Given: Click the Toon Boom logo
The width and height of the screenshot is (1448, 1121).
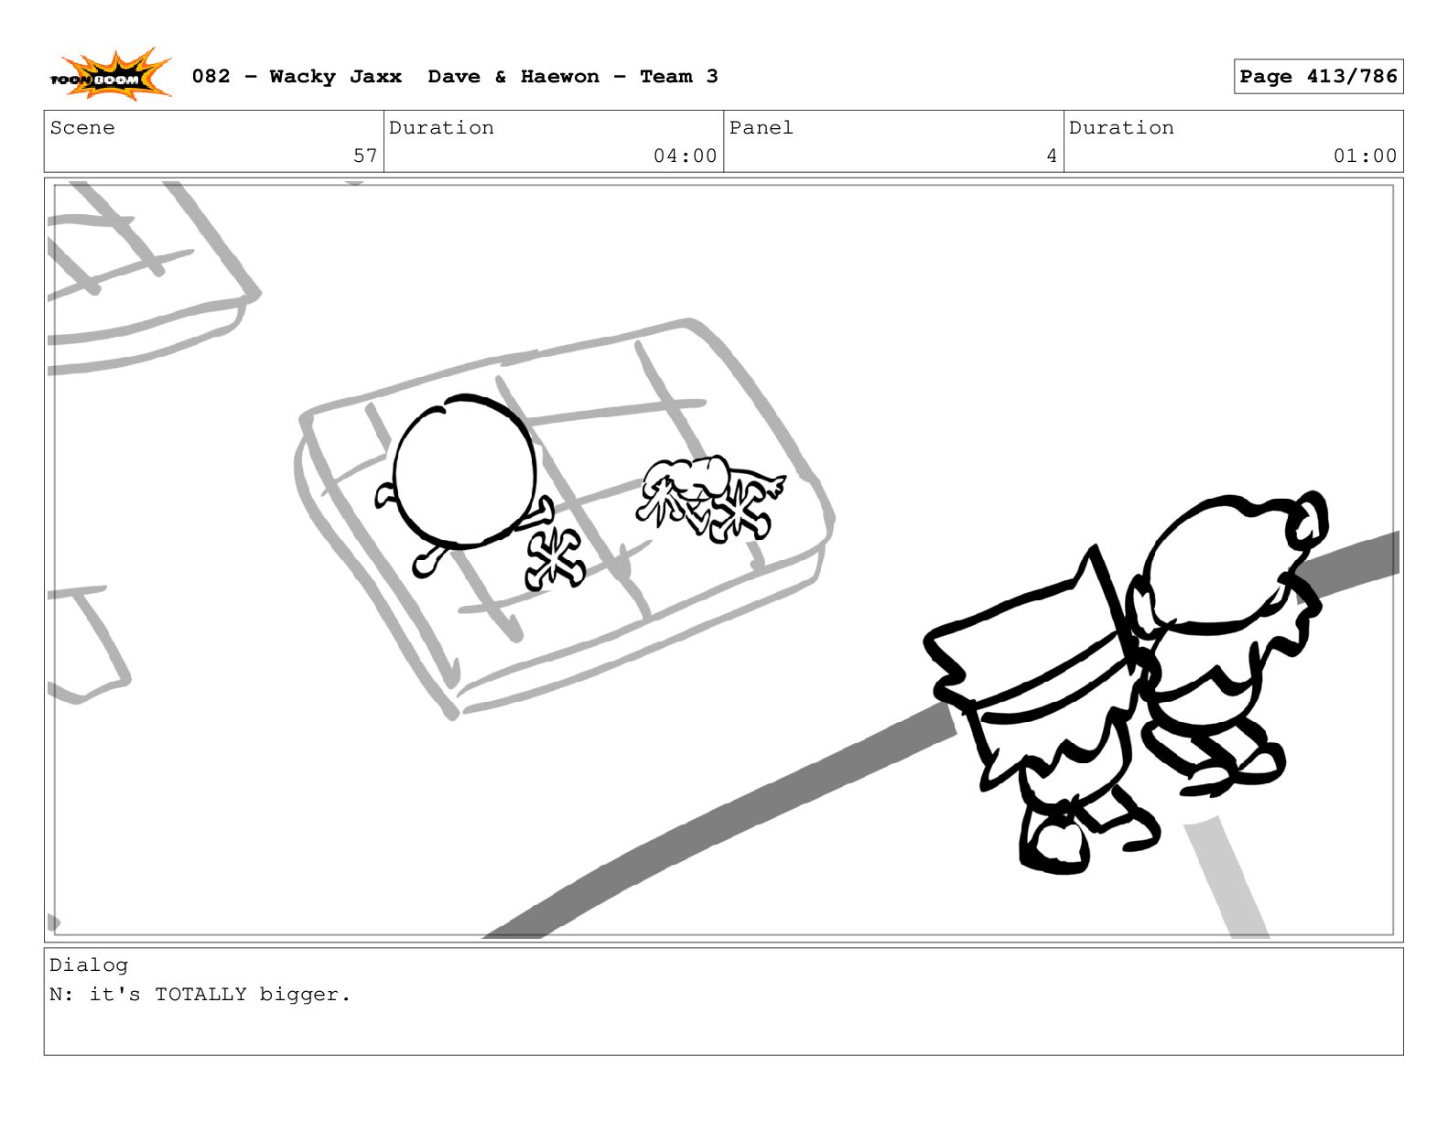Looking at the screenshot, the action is (111, 75).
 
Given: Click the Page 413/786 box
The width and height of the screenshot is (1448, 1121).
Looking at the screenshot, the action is (1317, 77).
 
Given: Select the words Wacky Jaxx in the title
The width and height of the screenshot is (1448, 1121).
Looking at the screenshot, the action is (335, 77).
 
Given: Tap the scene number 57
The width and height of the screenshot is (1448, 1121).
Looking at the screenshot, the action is (365, 156).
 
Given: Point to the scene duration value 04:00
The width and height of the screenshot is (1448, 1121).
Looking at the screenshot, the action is (685, 156).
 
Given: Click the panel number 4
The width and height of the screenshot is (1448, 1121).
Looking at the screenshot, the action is (1051, 156).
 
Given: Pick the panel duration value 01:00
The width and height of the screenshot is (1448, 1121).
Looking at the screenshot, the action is (1364, 156).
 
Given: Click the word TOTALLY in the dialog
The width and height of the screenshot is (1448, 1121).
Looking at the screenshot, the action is (200, 995).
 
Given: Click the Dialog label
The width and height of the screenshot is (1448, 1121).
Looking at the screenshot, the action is (89, 965).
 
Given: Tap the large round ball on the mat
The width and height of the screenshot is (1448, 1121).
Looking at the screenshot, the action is (464, 471).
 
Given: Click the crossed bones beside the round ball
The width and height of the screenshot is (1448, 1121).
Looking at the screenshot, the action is (555, 559).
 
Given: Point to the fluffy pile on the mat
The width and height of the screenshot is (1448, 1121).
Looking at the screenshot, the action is (710, 498).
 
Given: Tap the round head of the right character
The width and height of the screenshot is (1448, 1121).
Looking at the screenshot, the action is (1221, 563).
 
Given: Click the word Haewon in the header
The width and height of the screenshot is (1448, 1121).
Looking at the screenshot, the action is (559, 77).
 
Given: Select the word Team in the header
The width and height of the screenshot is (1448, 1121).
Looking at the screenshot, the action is (665, 77).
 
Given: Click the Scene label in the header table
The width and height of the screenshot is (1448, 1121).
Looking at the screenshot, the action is (82, 128).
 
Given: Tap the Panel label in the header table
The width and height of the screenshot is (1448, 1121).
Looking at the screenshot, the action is (761, 128).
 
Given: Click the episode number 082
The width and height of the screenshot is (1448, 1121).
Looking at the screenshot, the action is (211, 77).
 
